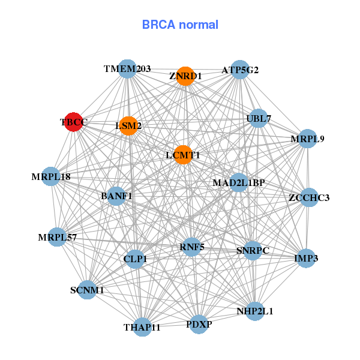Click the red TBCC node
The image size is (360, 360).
click(x=73, y=122)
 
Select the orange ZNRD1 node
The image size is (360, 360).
click(x=185, y=76)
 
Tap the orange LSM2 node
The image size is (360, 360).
click(x=128, y=126)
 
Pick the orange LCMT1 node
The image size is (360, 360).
click(x=182, y=155)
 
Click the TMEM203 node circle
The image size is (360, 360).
click(x=127, y=69)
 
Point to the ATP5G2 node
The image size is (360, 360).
click(x=239, y=70)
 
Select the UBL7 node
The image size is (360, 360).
click(x=259, y=118)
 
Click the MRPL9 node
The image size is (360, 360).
click(x=307, y=139)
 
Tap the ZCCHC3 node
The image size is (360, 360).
click(x=308, y=197)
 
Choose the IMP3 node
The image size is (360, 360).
click(x=306, y=259)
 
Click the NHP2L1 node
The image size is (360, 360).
click(x=254, y=311)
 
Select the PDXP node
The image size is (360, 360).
click(x=199, y=325)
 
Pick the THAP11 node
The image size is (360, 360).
click(x=142, y=327)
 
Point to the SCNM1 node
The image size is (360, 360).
click(x=87, y=290)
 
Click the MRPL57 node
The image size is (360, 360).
click(x=58, y=238)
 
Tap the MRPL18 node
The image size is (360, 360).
click(x=52, y=177)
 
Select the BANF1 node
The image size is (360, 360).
click(x=116, y=196)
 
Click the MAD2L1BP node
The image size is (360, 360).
click(x=239, y=182)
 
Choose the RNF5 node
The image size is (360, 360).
click(x=192, y=246)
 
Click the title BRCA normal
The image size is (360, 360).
click(x=180, y=25)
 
